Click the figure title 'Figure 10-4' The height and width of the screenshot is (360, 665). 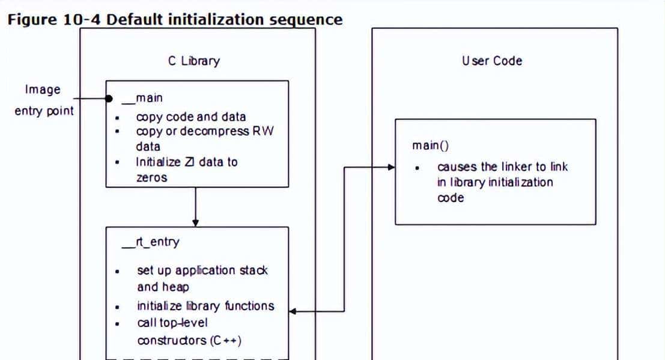pos(54,19)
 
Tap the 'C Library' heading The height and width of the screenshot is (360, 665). pos(193,61)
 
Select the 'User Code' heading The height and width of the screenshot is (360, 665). pos(492,61)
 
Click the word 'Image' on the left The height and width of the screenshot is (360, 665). pos(43,90)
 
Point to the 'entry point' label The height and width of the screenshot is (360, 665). pos(44,111)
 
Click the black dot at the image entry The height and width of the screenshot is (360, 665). pos(109,99)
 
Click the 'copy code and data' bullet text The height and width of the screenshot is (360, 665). pos(191,117)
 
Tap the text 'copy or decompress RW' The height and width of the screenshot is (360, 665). pos(205,131)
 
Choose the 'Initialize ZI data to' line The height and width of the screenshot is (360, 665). pos(187,162)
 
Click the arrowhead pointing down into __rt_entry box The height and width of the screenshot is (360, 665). pos(195,223)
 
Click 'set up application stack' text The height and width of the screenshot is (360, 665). pos(202,270)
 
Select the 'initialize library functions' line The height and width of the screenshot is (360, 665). pos(205,306)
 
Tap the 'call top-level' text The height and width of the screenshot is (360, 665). pos(171,323)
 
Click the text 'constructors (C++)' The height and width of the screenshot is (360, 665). pos(189,340)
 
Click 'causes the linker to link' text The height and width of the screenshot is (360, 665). pos(503,166)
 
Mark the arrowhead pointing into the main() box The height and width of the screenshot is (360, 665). pos(392,166)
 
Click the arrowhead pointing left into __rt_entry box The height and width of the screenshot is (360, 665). pos(293,311)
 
